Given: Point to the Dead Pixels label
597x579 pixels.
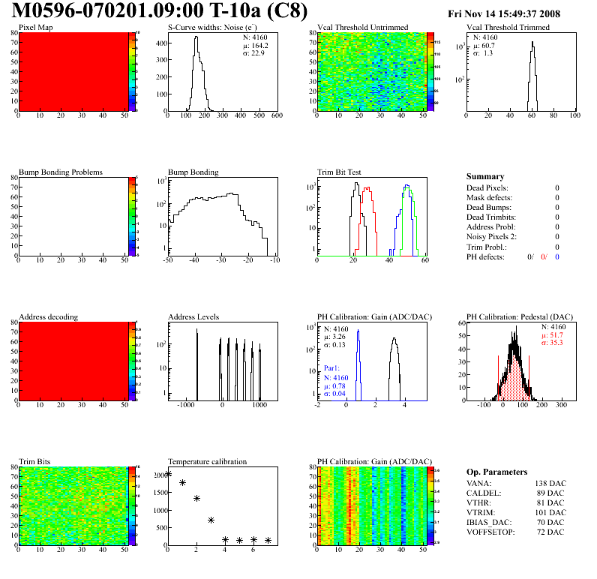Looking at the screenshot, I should tap(487, 187).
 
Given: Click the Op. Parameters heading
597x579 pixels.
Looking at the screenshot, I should tap(496, 472).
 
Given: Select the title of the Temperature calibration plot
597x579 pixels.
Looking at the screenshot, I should tap(207, 461).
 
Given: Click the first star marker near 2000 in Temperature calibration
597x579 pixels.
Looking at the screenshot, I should tap(168, 473).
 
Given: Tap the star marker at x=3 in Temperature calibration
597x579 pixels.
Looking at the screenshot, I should tap(211, 520).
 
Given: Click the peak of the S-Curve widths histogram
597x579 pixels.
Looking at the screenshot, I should tap(196, 38).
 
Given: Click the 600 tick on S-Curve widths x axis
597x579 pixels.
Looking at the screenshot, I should tap(276, 116).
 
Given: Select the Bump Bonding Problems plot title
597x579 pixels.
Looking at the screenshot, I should tap(60, 172).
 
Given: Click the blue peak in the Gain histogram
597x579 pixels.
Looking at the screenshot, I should tap(358, 331).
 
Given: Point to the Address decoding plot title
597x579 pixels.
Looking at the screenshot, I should tap(48, 316).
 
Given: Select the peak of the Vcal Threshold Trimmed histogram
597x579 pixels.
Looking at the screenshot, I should tap(532, 43).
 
